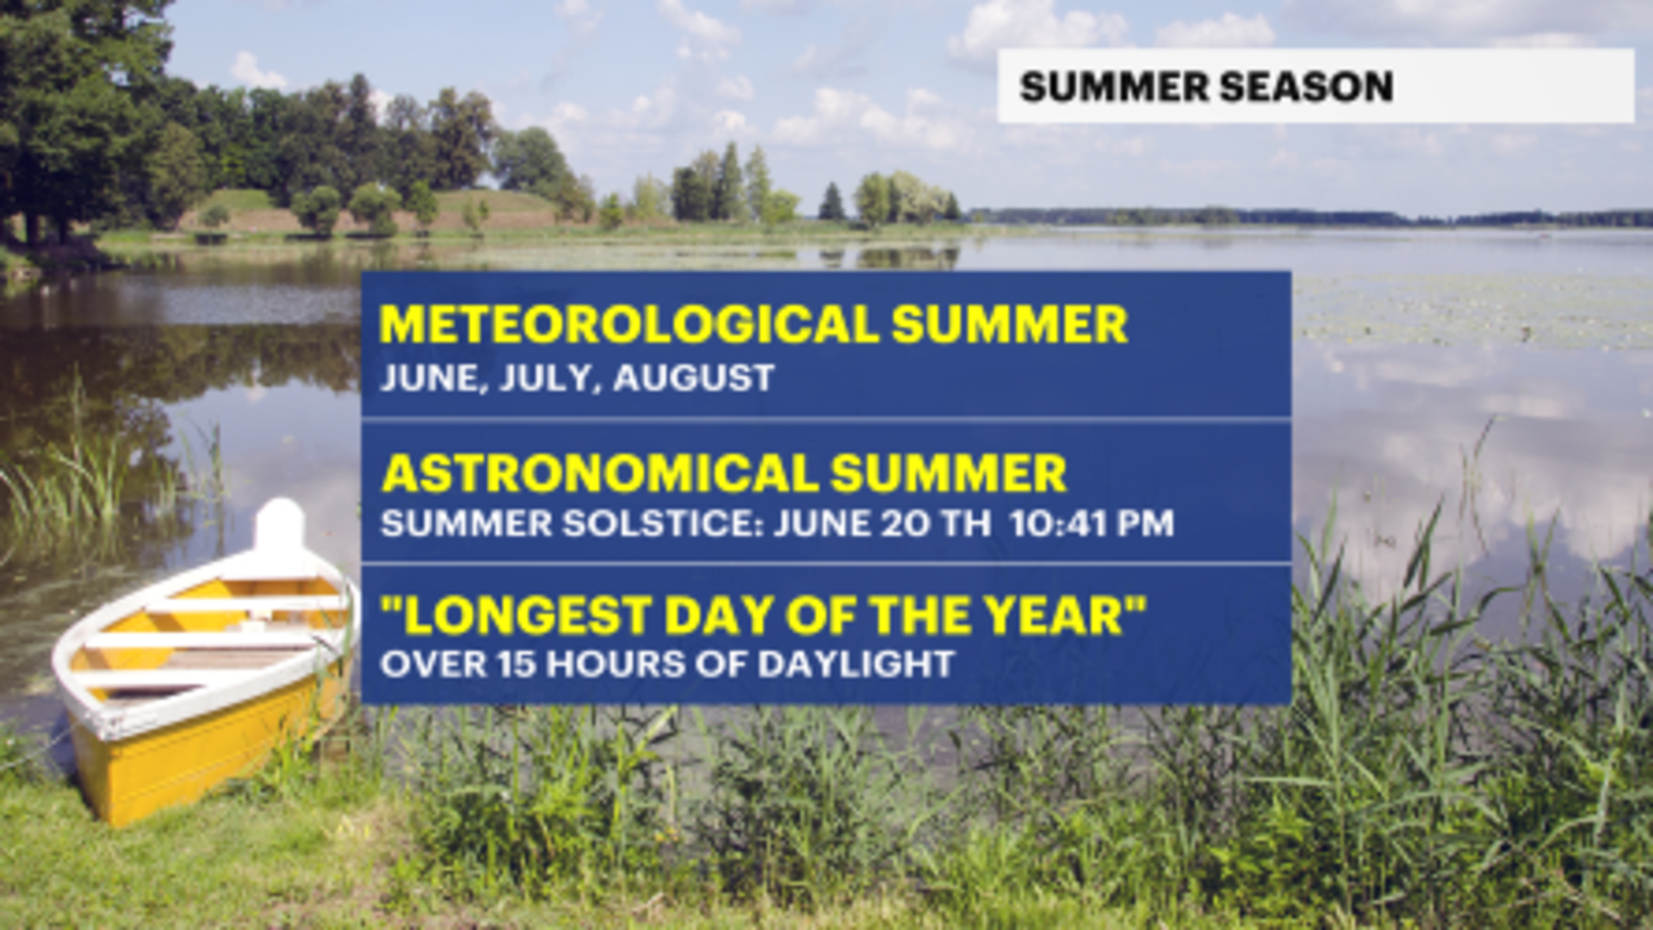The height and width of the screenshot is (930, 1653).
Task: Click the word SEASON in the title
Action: pyautogui.click(x=1306, y=87)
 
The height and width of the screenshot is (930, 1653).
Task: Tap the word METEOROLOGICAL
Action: pyautogui.click(x=628, y=325)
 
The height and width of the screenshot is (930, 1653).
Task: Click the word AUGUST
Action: pyautogui.click(x=694, y=378)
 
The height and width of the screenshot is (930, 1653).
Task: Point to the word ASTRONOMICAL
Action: pyautogui.click(x=599, y=474)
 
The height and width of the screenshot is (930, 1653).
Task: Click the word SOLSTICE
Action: pyautogui.click(x=662, y=524)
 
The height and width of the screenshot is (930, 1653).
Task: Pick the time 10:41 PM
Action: pyautogui.click(x=1092, y=524)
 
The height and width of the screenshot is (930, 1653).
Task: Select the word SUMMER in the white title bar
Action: pyautogui.click(x=1114, y=87)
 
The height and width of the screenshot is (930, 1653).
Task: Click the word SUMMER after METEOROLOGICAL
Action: pyautogui.click(x=1009, y=325)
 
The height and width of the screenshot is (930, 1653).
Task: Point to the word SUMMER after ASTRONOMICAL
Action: pyautogui.click(x=949, y=474)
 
